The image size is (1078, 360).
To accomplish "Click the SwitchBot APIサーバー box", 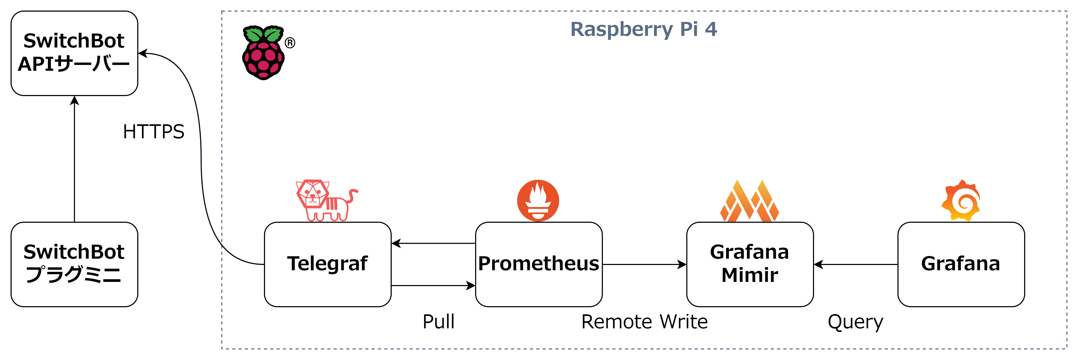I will [x=74, y=53].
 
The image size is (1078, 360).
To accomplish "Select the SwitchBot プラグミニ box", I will [x=74, y=264].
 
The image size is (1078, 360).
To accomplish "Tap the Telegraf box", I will [x=327, y=264].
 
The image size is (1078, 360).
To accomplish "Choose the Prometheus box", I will [x=538, y=264].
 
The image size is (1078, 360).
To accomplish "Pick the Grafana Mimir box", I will [x=749, y=264].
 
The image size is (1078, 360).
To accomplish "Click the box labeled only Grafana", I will [x=961, y=264].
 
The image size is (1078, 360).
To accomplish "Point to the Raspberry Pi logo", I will [x=263, y=53].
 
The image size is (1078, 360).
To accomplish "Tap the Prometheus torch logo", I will [x=538, y=201].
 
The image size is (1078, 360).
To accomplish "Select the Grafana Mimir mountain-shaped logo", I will [x=749, y=201].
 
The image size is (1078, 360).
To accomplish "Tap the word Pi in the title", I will [x=689, y=29].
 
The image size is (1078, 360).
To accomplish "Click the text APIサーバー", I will [x=74, y=64].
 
